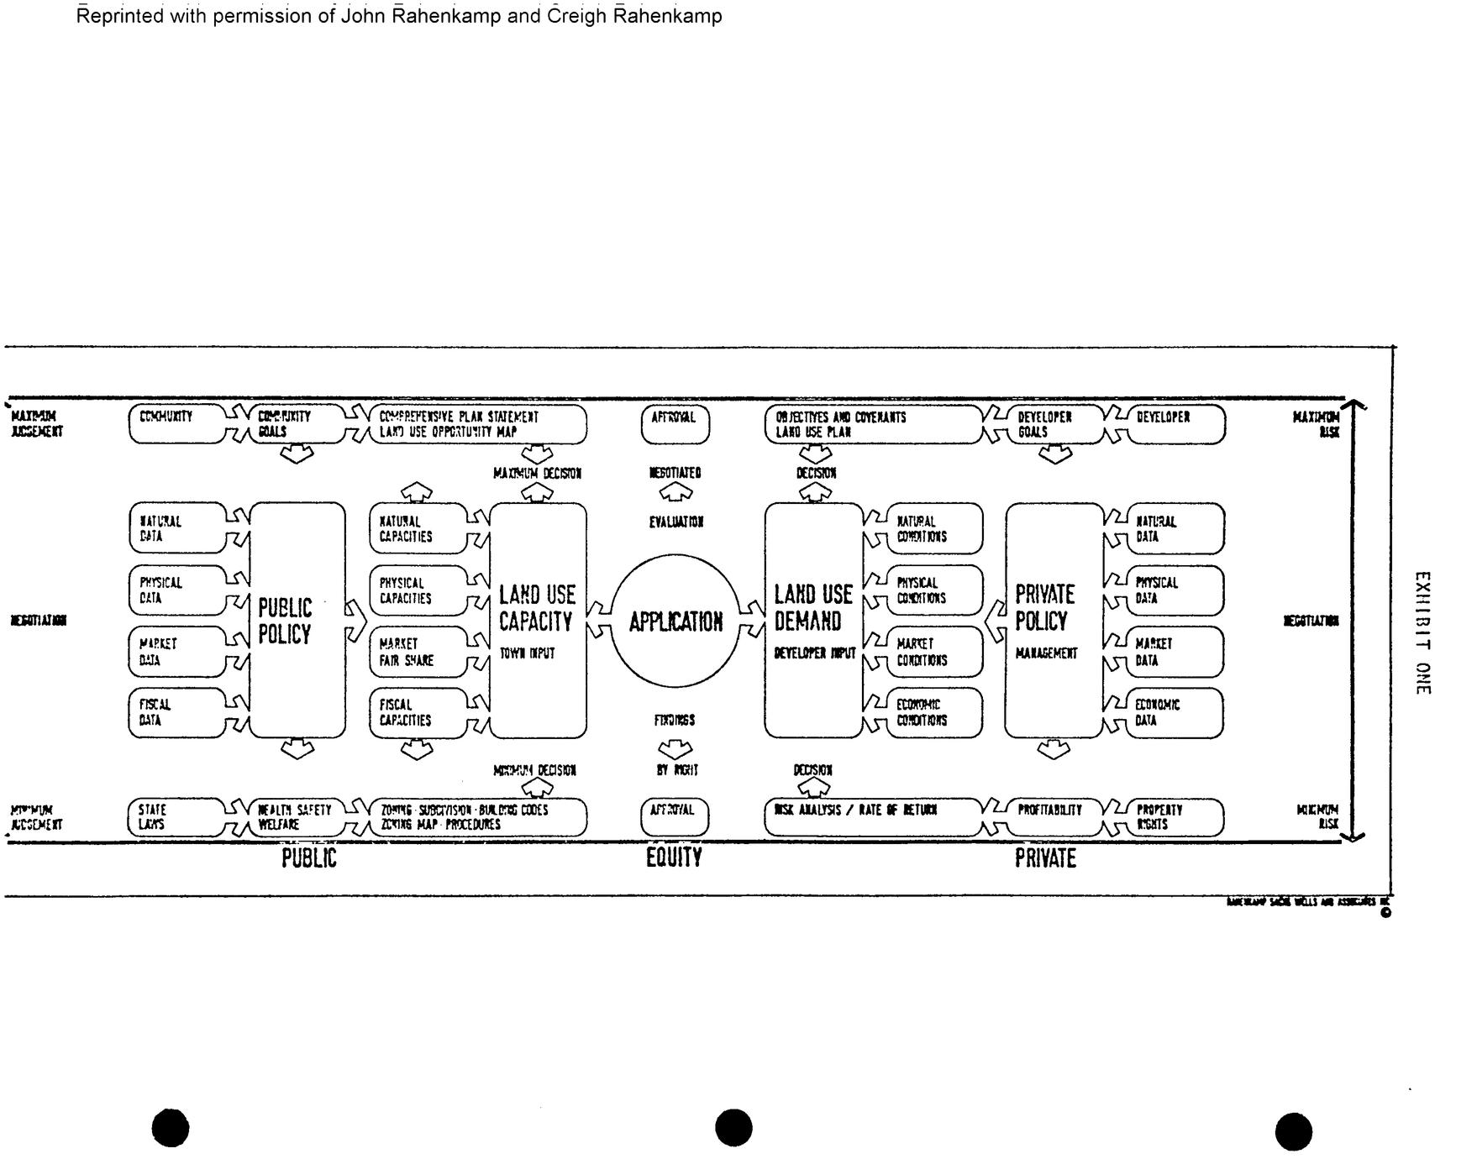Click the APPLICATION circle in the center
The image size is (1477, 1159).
[675, 621]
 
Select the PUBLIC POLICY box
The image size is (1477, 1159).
[297, 620]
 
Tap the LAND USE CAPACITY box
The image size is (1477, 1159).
[538, 620]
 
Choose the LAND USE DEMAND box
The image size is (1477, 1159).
[813, 620]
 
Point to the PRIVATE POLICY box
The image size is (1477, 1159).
[1054, 620]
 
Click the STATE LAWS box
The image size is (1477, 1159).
[177, 817]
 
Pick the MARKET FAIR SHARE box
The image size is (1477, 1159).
[418, 652]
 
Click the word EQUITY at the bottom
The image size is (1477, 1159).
[674, 857]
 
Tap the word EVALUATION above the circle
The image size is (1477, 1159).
[676, 522]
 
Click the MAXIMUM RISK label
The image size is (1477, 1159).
[1317, 424]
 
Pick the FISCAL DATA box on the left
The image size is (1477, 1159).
[177, 712]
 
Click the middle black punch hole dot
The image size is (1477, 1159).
[733, 1127]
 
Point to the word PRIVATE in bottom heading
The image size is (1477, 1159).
[1045, 858]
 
